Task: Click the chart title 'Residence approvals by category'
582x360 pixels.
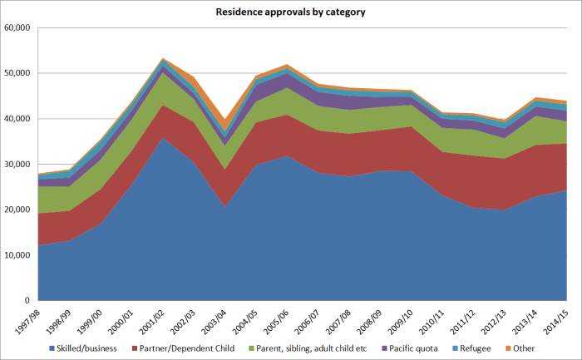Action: [x=291, y=12]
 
